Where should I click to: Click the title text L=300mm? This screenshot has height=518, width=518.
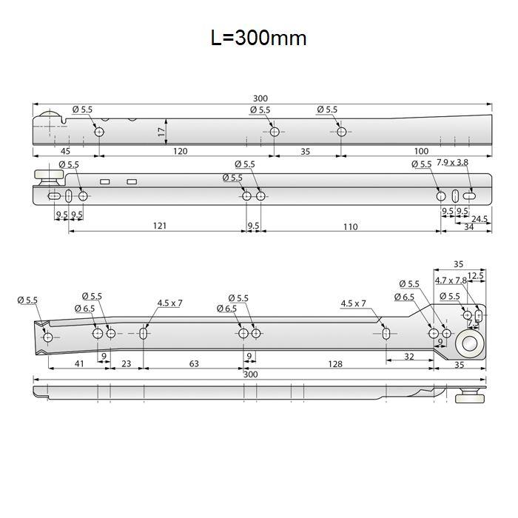click(x=259, y=38)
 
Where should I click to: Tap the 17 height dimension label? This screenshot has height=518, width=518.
click(x=161, y=132)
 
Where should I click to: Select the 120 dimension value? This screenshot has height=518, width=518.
click(x=181, y=151)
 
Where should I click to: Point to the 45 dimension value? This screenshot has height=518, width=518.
click(x=65, y=151)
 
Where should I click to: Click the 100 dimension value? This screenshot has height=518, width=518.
click(x=421, y=151)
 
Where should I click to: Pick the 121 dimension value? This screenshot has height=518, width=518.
click(x=160, y=226)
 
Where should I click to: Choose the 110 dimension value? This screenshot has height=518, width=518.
click(x=350, y=227)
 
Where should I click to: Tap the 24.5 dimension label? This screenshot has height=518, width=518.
click(x=480, y=219)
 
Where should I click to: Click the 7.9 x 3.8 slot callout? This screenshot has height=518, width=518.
click(x=452, y=162)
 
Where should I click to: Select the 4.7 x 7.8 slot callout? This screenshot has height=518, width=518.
click(x=451, y=280)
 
